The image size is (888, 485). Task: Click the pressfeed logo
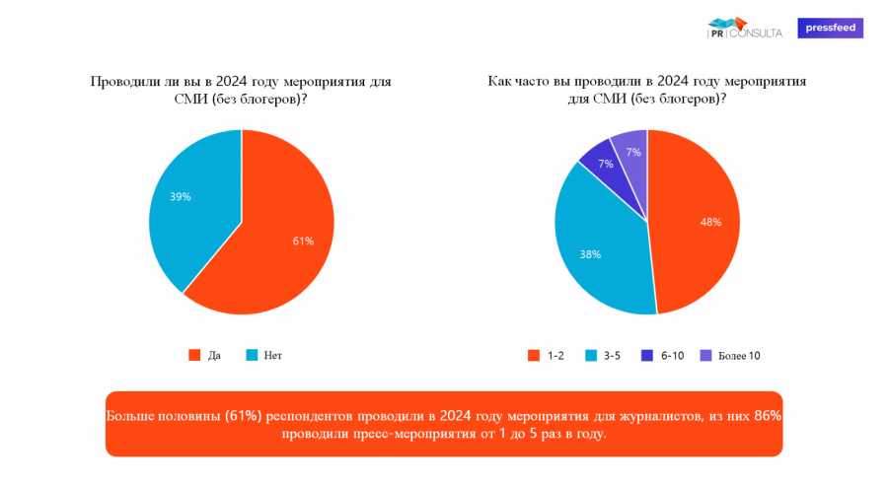[x=830, y=29]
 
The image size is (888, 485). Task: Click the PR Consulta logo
[x=745, y=29]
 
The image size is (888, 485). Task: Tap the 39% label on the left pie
[x=180, y=196]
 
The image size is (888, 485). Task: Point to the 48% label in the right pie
[x=710, y=222]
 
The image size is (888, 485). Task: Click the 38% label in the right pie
[x=590, y=254]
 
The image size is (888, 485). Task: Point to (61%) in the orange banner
[x=243, y=415]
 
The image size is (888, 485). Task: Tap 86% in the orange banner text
[x=768, y=415]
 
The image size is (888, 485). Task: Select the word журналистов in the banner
[x=651, y=415]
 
